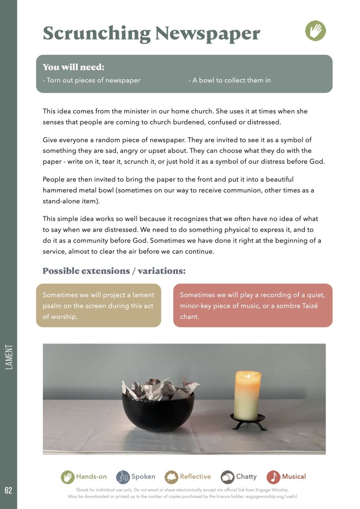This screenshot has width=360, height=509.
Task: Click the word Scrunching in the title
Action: pos(96,33)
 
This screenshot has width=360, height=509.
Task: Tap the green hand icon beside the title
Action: pos(315,31)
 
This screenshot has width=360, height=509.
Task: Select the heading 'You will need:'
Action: pos(73,67)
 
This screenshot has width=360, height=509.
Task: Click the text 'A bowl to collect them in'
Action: pos(230,80)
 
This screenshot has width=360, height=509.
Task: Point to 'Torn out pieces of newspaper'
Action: pos(92,80)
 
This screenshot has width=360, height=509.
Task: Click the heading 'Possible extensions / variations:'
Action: pos(114,271)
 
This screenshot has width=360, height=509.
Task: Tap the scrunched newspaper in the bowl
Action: pos(159,388)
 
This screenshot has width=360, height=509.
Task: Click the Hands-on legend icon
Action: pos(67,477)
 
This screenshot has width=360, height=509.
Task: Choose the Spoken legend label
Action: pos(143,477)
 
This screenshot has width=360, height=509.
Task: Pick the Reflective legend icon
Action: pos(171,477)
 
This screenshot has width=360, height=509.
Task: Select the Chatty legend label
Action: pos(246,477)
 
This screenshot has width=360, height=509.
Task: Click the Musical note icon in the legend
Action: pos(273,477)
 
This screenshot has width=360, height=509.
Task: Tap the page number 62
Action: pos(8,490)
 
